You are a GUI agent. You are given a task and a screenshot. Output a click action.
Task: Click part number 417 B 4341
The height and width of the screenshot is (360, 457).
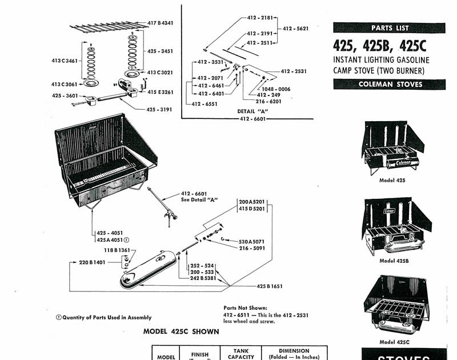point(160,23)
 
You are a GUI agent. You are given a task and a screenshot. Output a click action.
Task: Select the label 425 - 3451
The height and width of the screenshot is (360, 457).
point(160,51)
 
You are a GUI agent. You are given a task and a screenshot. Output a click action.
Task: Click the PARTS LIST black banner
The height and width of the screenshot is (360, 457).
point(389,28)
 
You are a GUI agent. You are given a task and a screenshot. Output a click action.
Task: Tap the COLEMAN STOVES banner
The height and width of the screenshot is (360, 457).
point(389,85)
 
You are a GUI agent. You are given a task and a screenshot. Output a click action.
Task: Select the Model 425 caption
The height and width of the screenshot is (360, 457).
point(392,180)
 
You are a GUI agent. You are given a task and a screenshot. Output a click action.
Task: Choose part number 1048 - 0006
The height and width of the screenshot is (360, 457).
point(276,89)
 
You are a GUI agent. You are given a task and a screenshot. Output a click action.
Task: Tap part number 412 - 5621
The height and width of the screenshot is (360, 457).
point(295,29)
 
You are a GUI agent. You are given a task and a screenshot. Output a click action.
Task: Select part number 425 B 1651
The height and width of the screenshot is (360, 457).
point(270,285)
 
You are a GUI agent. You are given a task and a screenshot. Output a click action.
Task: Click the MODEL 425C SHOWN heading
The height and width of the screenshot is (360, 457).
point(177,331)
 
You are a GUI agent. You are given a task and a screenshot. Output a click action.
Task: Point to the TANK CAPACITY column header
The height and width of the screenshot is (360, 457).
point(240,354)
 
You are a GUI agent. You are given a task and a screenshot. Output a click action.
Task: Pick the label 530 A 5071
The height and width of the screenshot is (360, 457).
point(251,242)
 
